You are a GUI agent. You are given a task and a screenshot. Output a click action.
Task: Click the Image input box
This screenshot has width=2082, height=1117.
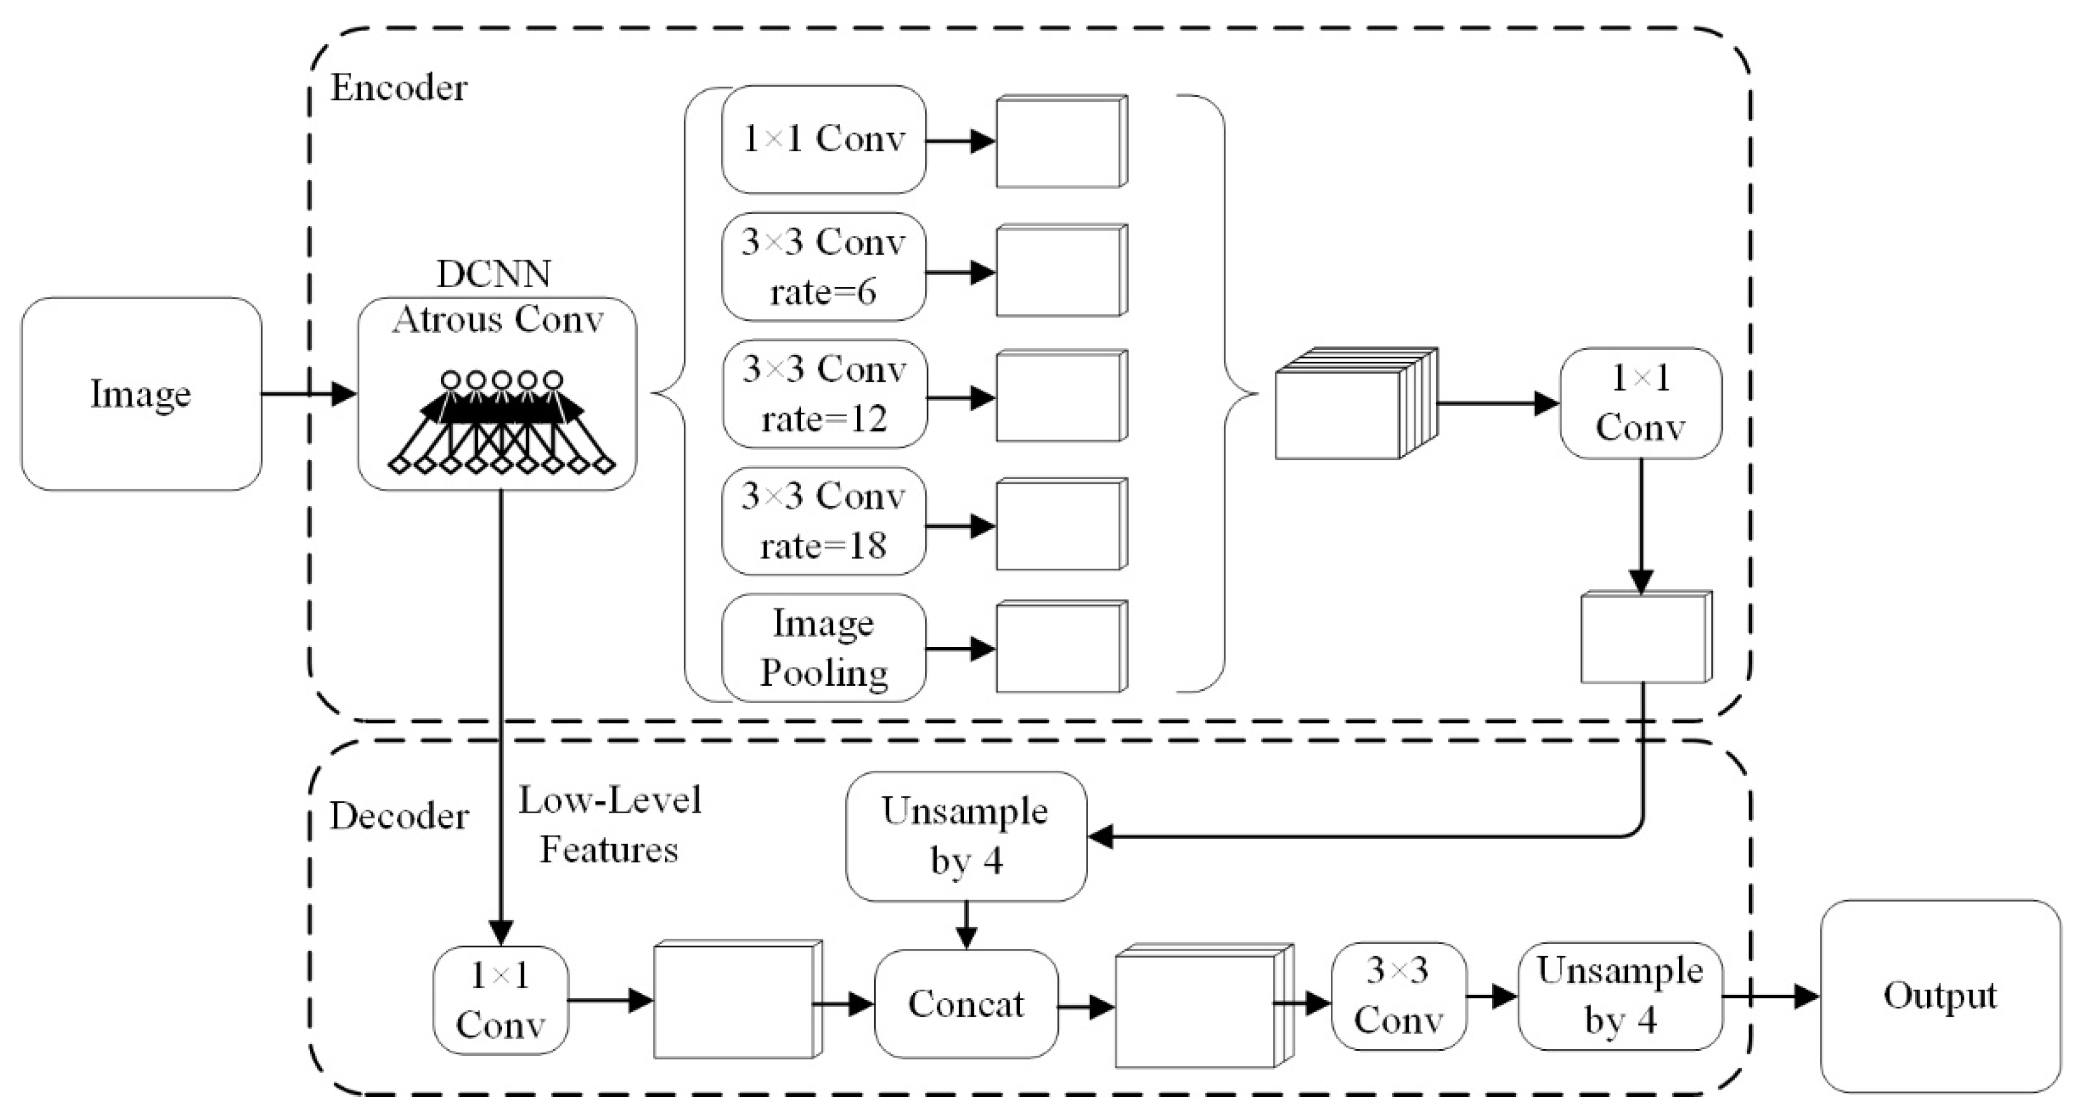141,394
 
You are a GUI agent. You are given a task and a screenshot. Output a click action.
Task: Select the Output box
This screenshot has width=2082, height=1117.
1940,996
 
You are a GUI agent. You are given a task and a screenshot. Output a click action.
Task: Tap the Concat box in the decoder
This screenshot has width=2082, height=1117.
966,1004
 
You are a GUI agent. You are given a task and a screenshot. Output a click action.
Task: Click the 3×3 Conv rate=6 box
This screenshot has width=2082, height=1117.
823,266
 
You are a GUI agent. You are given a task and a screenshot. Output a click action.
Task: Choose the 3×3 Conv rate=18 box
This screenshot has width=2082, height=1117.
823,521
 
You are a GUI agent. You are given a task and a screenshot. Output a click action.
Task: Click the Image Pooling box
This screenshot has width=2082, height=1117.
823,648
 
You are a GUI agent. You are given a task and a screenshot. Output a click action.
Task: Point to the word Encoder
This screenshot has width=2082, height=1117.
399,87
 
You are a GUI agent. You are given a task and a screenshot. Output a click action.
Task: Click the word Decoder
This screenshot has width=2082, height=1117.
399,816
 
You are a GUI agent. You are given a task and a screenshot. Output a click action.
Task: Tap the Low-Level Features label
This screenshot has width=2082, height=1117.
610,824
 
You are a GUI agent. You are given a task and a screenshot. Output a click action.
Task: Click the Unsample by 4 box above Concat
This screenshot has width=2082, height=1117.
966,836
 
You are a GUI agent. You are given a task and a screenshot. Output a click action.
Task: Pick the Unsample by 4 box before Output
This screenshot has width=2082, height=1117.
1620,996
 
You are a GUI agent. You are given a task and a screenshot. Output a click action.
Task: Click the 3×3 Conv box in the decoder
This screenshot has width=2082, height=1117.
1398,996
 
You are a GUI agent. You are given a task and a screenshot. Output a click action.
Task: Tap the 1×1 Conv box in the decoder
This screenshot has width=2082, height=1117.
500,1001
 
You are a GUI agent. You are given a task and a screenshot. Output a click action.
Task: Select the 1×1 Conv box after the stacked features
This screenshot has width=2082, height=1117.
1640,402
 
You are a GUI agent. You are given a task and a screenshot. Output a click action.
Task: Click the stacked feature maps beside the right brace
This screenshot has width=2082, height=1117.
1355,404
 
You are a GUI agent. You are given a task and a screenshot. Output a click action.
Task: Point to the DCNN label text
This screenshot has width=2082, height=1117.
494,274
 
